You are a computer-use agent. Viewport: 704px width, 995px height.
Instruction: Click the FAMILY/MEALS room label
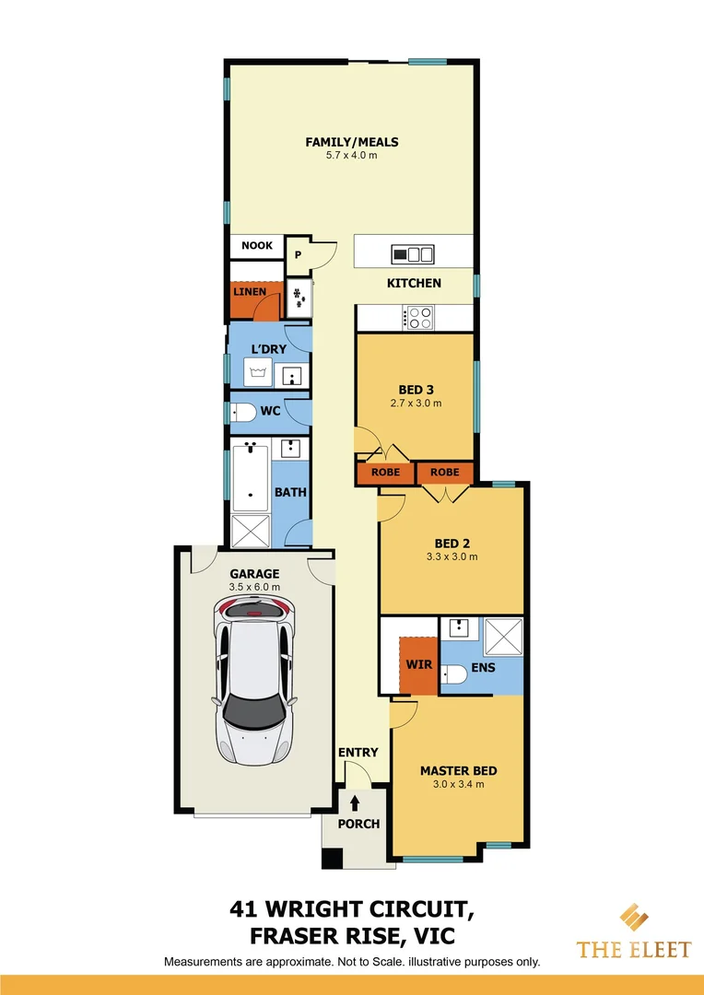tap(352, 142)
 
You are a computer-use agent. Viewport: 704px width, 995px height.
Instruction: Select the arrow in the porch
tap(355, 804)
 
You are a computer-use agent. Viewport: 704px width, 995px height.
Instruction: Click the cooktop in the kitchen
tap(419, 318)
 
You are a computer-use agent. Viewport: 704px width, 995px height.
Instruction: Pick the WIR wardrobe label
tap(419, 664)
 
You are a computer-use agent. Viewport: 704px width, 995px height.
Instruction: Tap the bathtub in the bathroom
tap(250, 477)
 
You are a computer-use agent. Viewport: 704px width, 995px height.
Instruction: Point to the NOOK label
tap(257, 246)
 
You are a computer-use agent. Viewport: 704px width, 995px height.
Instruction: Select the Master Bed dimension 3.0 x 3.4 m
tap(458, 785)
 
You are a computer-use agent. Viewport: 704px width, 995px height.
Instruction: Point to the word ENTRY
tap(358, 753)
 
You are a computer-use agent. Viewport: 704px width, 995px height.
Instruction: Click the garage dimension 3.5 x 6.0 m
tap(254, 587)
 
